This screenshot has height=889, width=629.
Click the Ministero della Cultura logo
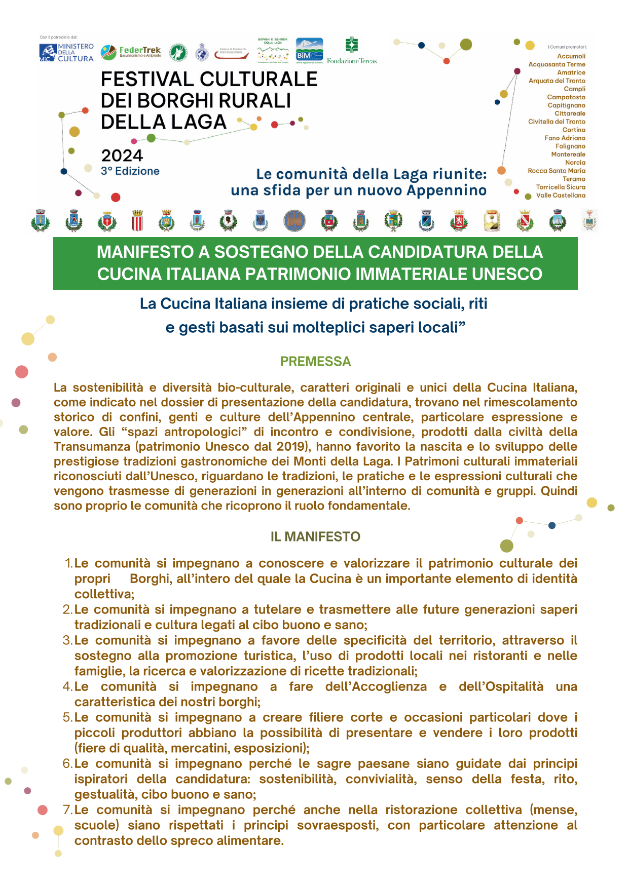click(66, 53)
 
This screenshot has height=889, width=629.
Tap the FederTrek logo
click(131, 52)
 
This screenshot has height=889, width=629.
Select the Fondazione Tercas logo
click(352, 51)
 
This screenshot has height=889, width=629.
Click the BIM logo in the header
click(309, 51)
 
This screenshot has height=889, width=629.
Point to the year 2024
click(122, 156)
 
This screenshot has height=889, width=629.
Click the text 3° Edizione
click(130, 171)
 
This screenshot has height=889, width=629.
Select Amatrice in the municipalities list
click(571, 72)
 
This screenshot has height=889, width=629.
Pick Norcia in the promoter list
click(575, 163)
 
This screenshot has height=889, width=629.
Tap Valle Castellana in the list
click(561, 196)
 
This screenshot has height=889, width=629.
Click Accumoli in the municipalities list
click(571, 56)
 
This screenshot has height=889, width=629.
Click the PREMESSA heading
click(315, 361)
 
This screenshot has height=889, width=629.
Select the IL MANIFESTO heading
click(315, 536)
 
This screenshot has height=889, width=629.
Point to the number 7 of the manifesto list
click(67, 809)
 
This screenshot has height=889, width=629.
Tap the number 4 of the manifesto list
click(67, 686)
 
